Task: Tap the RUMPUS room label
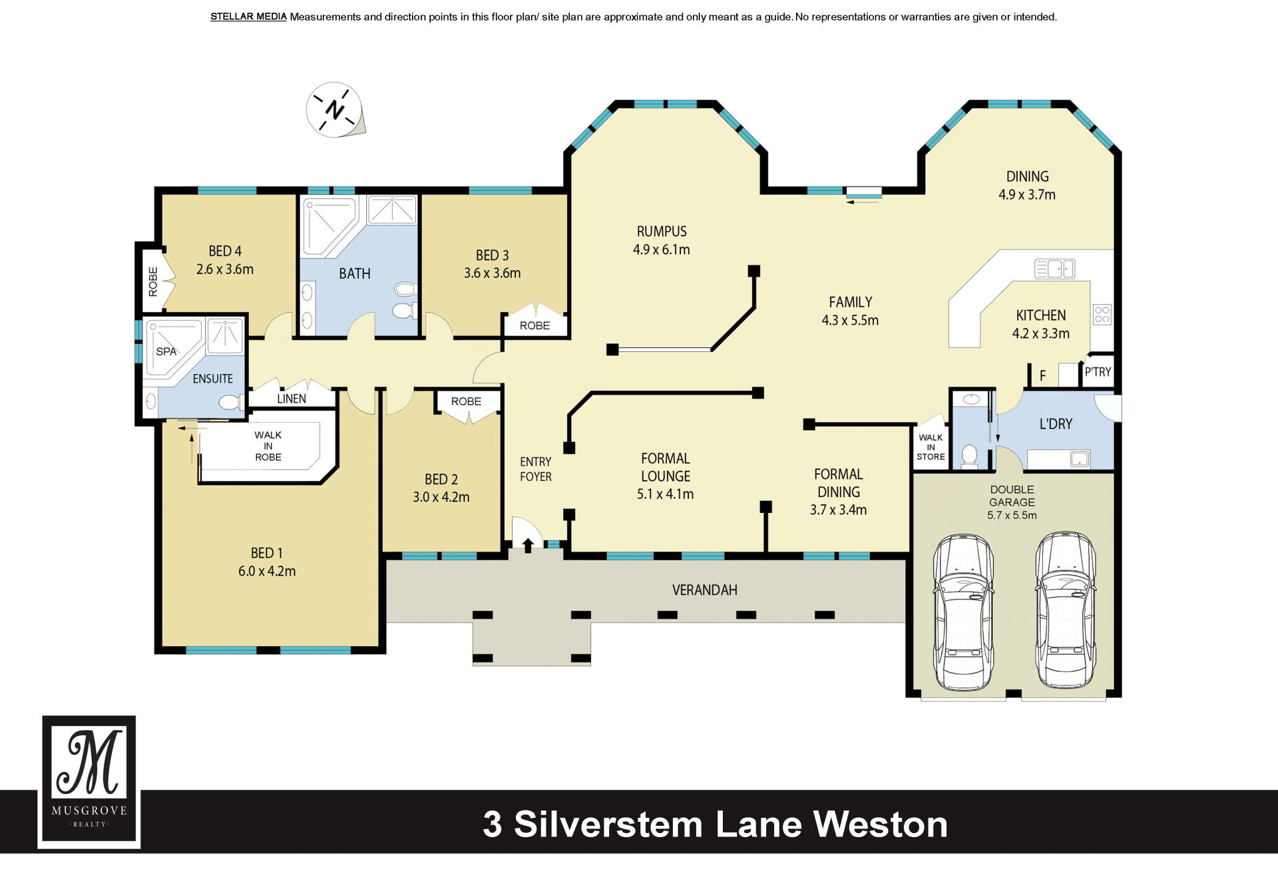pyautogui.click(x=662, y=232)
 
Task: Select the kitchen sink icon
pyautogui.click(x=1054, y=268)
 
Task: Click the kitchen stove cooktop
pyautogui.click(x=1102, y=314)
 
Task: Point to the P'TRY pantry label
pyautogui.click(x=1098, y=372)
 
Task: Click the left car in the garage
pyautogui.click(x=963, y=612)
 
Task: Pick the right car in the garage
pyautogui.click(x=1065, y=610)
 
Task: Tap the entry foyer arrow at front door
pyautogui.click(x=528, y=546)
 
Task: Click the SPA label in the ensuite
pyautogui.click(x=166, y=351)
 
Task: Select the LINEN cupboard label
pyautogui.click(x=292, y=399)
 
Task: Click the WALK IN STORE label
pyautogui.click(x=931, y=447)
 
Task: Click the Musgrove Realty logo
pyautogui.click(x=89, y=781)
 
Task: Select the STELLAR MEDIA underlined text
pyautogui.click(x=248, y=17)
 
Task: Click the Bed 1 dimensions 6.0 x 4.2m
pyautogui.click(x=267, y=571)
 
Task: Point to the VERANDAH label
pyautogui.click(x=705, y=590)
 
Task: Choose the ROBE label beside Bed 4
pyautogui.click(x=153, y=281)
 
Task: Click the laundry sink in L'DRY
pyautogui.click(x=1079, y=459)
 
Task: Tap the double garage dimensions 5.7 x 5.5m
pyautogui.click(x=1012, y=515)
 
